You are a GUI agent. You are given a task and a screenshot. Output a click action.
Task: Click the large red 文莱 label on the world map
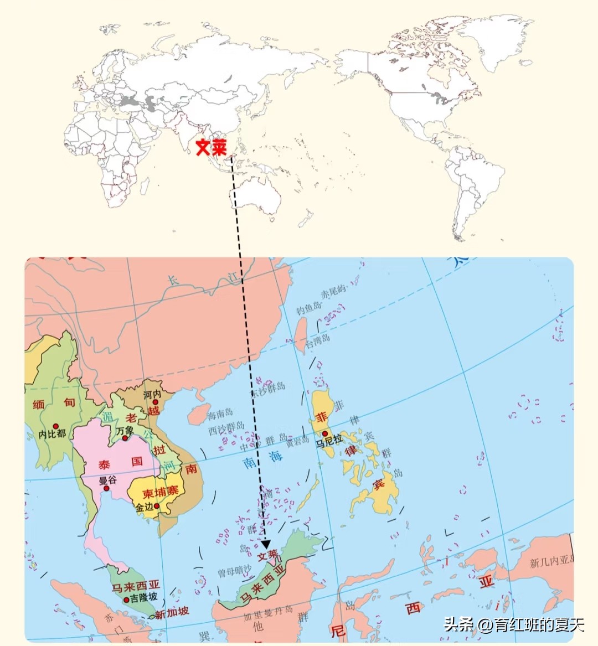[x=212, y=147]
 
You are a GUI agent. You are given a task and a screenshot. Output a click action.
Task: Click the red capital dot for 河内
[x=156, y=402]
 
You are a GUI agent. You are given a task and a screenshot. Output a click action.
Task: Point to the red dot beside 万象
[x=126, y=439]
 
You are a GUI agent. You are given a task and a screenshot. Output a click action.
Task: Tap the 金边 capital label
[x=144, y=507]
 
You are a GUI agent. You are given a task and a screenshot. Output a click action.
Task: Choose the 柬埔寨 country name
[x=156, y=493]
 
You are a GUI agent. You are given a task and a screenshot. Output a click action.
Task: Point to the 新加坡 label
[x=172, y=612]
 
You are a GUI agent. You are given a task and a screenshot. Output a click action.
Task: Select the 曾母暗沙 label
[x=234, y=570]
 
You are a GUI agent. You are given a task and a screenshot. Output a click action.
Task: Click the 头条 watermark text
[x=458, y=626]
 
